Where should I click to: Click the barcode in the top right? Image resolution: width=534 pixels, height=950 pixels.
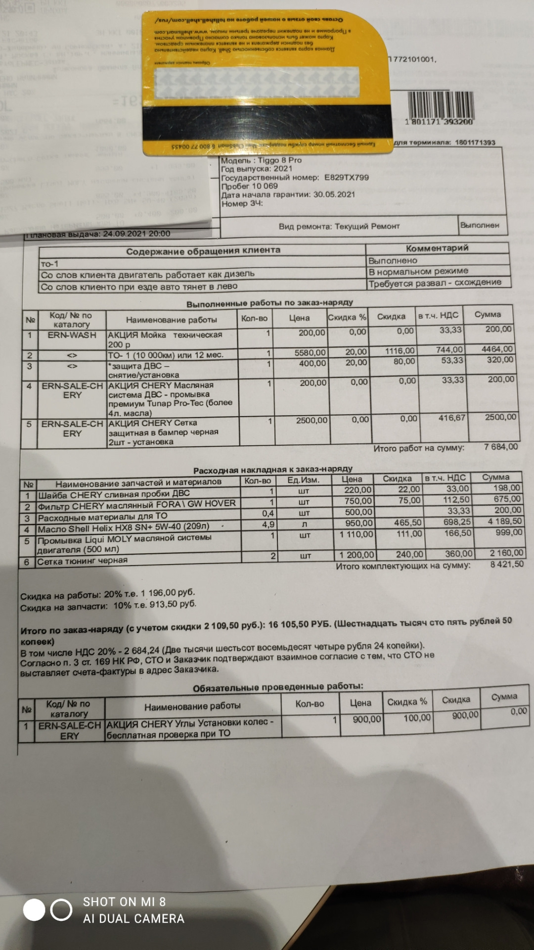coord(440,104)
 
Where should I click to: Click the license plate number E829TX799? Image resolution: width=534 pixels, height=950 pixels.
coord(346,177)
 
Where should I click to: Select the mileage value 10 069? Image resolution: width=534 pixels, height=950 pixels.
coord(265,186)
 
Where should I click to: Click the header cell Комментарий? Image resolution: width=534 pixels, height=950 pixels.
coord(437,248)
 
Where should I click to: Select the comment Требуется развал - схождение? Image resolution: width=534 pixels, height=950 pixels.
coord(435,283)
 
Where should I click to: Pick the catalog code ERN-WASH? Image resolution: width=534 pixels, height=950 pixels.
coord(72,335)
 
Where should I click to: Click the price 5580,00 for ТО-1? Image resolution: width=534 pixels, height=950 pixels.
coord(310,352)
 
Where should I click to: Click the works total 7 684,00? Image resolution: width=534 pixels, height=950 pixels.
coord(501,447)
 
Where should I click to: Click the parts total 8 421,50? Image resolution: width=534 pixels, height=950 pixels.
coord(507,564)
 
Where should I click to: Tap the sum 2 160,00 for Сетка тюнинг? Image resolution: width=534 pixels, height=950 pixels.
coord(506,553)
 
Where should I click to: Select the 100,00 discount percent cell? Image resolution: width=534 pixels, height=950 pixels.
coord(417,718)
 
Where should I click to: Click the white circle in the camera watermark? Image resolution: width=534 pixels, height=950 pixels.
coord(34,910)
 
